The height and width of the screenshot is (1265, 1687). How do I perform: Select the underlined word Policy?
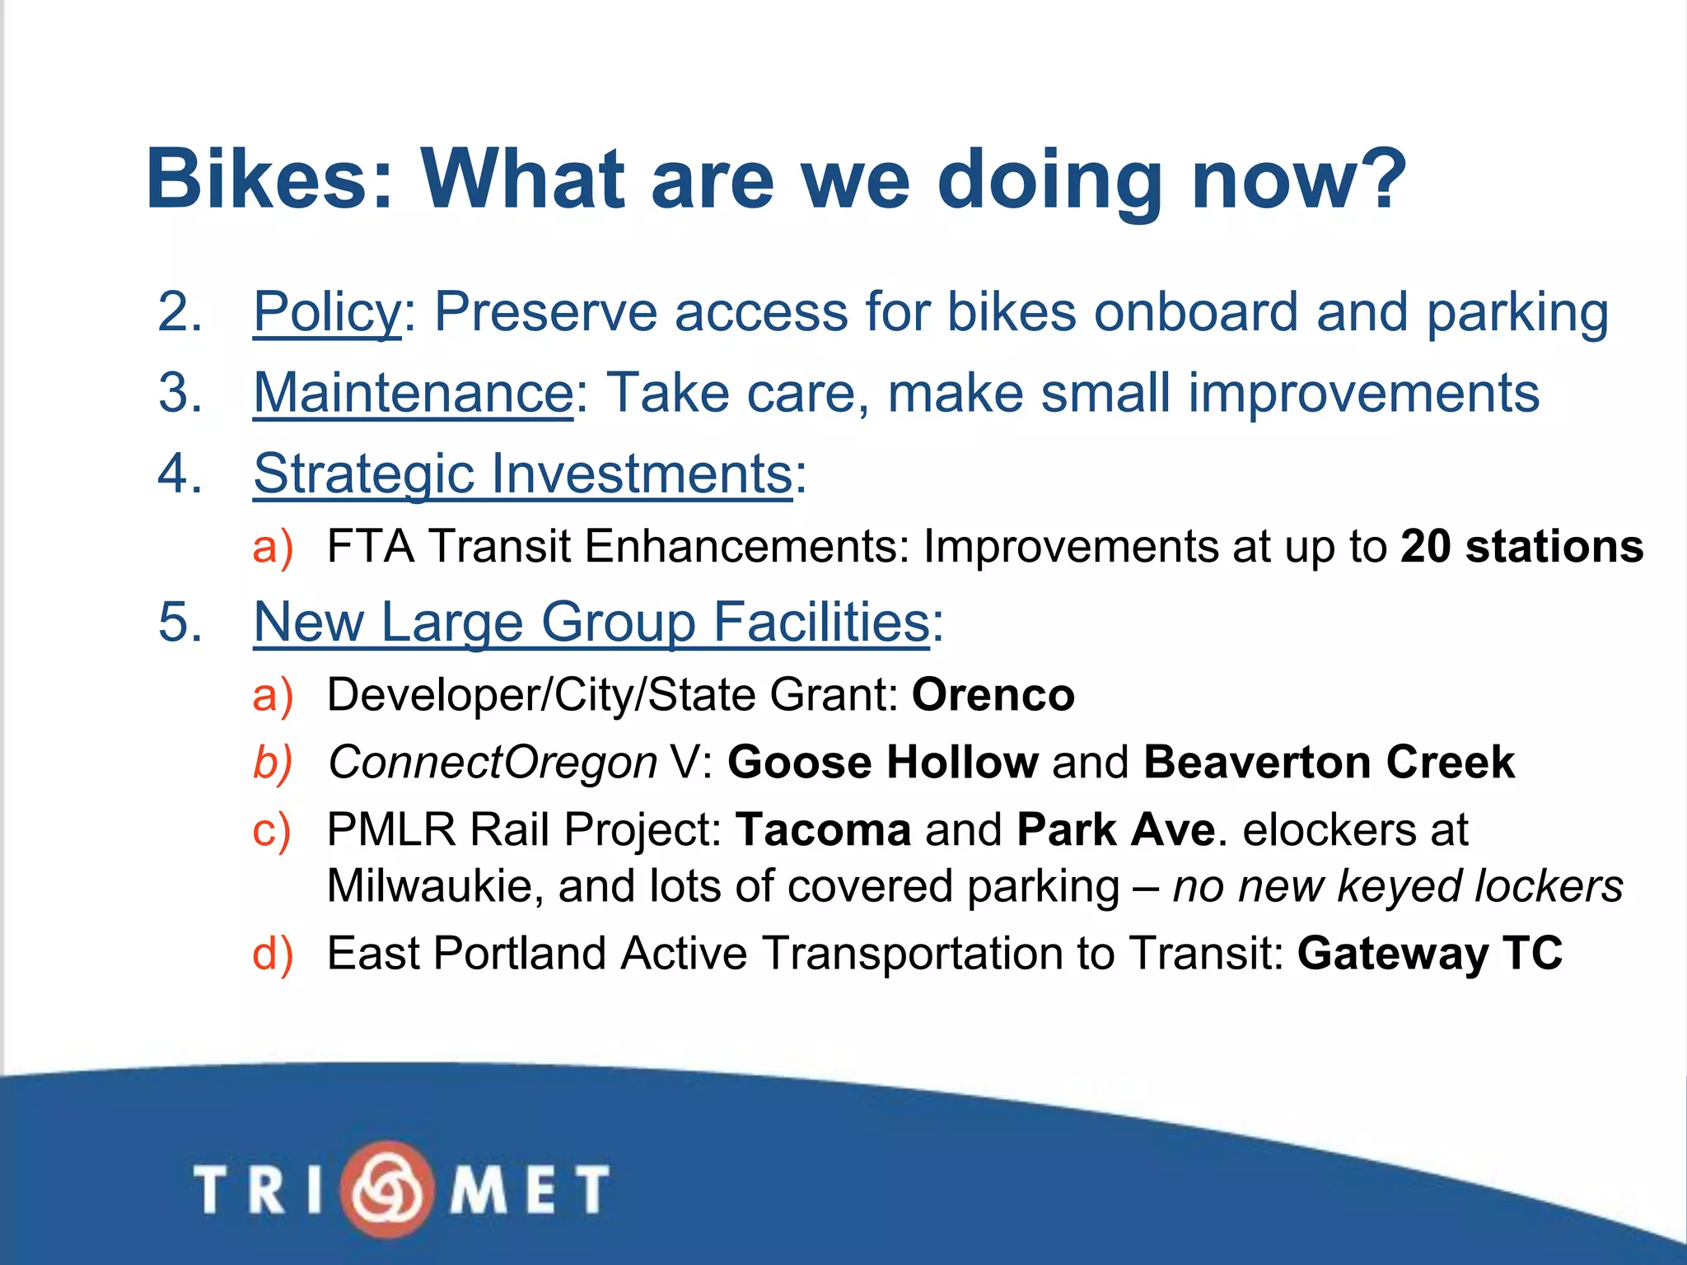click(x=327, y=313)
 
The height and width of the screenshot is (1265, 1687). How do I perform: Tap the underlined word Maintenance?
click(x=413, y=393)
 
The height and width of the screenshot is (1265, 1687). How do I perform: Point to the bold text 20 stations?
click(x=1521, y=546)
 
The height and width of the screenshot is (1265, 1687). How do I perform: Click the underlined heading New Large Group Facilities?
click(x=591, y=622)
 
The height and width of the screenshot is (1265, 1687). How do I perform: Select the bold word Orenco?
click(x=993, y=695)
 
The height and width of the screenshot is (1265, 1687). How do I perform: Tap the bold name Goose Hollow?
click(x=882, y=762)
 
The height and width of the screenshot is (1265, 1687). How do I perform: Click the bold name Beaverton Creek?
click(x=1329, y=762)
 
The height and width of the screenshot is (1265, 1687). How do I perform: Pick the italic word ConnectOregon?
click(x=493, y=763)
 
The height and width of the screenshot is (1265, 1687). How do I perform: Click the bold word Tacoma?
click(x=823, y=829)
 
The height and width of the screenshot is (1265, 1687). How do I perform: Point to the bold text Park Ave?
click(x=1115, y=829)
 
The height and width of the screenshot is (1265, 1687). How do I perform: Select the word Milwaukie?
click(x=434, y=887)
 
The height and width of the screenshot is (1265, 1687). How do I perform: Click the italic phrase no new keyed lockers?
click(x=1397, y=887)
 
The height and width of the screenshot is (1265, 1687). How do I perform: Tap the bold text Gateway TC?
click(x=1429, y=954)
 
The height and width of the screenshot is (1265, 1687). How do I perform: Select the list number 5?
click(x=180, y=622)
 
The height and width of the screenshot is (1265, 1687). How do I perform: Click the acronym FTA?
click(x=370, y=547)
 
